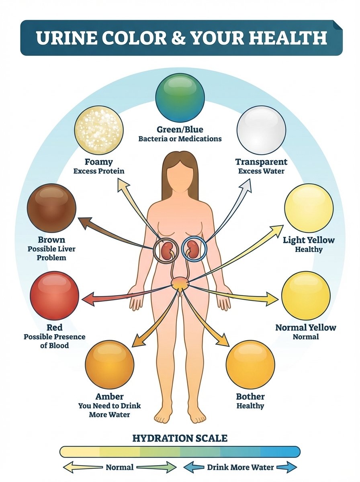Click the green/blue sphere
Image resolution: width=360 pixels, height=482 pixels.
[x=180, y=98]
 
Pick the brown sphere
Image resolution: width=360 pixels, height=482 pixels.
[x=51, y=208]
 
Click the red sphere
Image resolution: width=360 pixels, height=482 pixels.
[x=55, y=296]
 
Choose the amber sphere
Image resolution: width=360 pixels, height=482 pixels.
[x=109, y=364]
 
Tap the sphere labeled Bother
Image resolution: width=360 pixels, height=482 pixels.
[x=250, y=364]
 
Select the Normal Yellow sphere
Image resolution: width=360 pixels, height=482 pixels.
[x=306, y=296]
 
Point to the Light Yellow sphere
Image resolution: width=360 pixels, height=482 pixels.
[x=309, y=208]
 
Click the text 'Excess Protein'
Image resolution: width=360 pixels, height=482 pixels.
[x=99, y=171]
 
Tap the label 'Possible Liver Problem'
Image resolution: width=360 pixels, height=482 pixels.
[x=51, y=253]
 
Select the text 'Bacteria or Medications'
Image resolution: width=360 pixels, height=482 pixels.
[x=180, y=139]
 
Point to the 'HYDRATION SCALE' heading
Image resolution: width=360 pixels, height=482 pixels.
[x=180, y=438]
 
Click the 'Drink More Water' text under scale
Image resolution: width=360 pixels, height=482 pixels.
[x=240, y=467]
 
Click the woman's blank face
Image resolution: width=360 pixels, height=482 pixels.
[x=180, y=177]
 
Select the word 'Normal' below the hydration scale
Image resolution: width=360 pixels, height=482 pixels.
[x=120, y=467]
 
